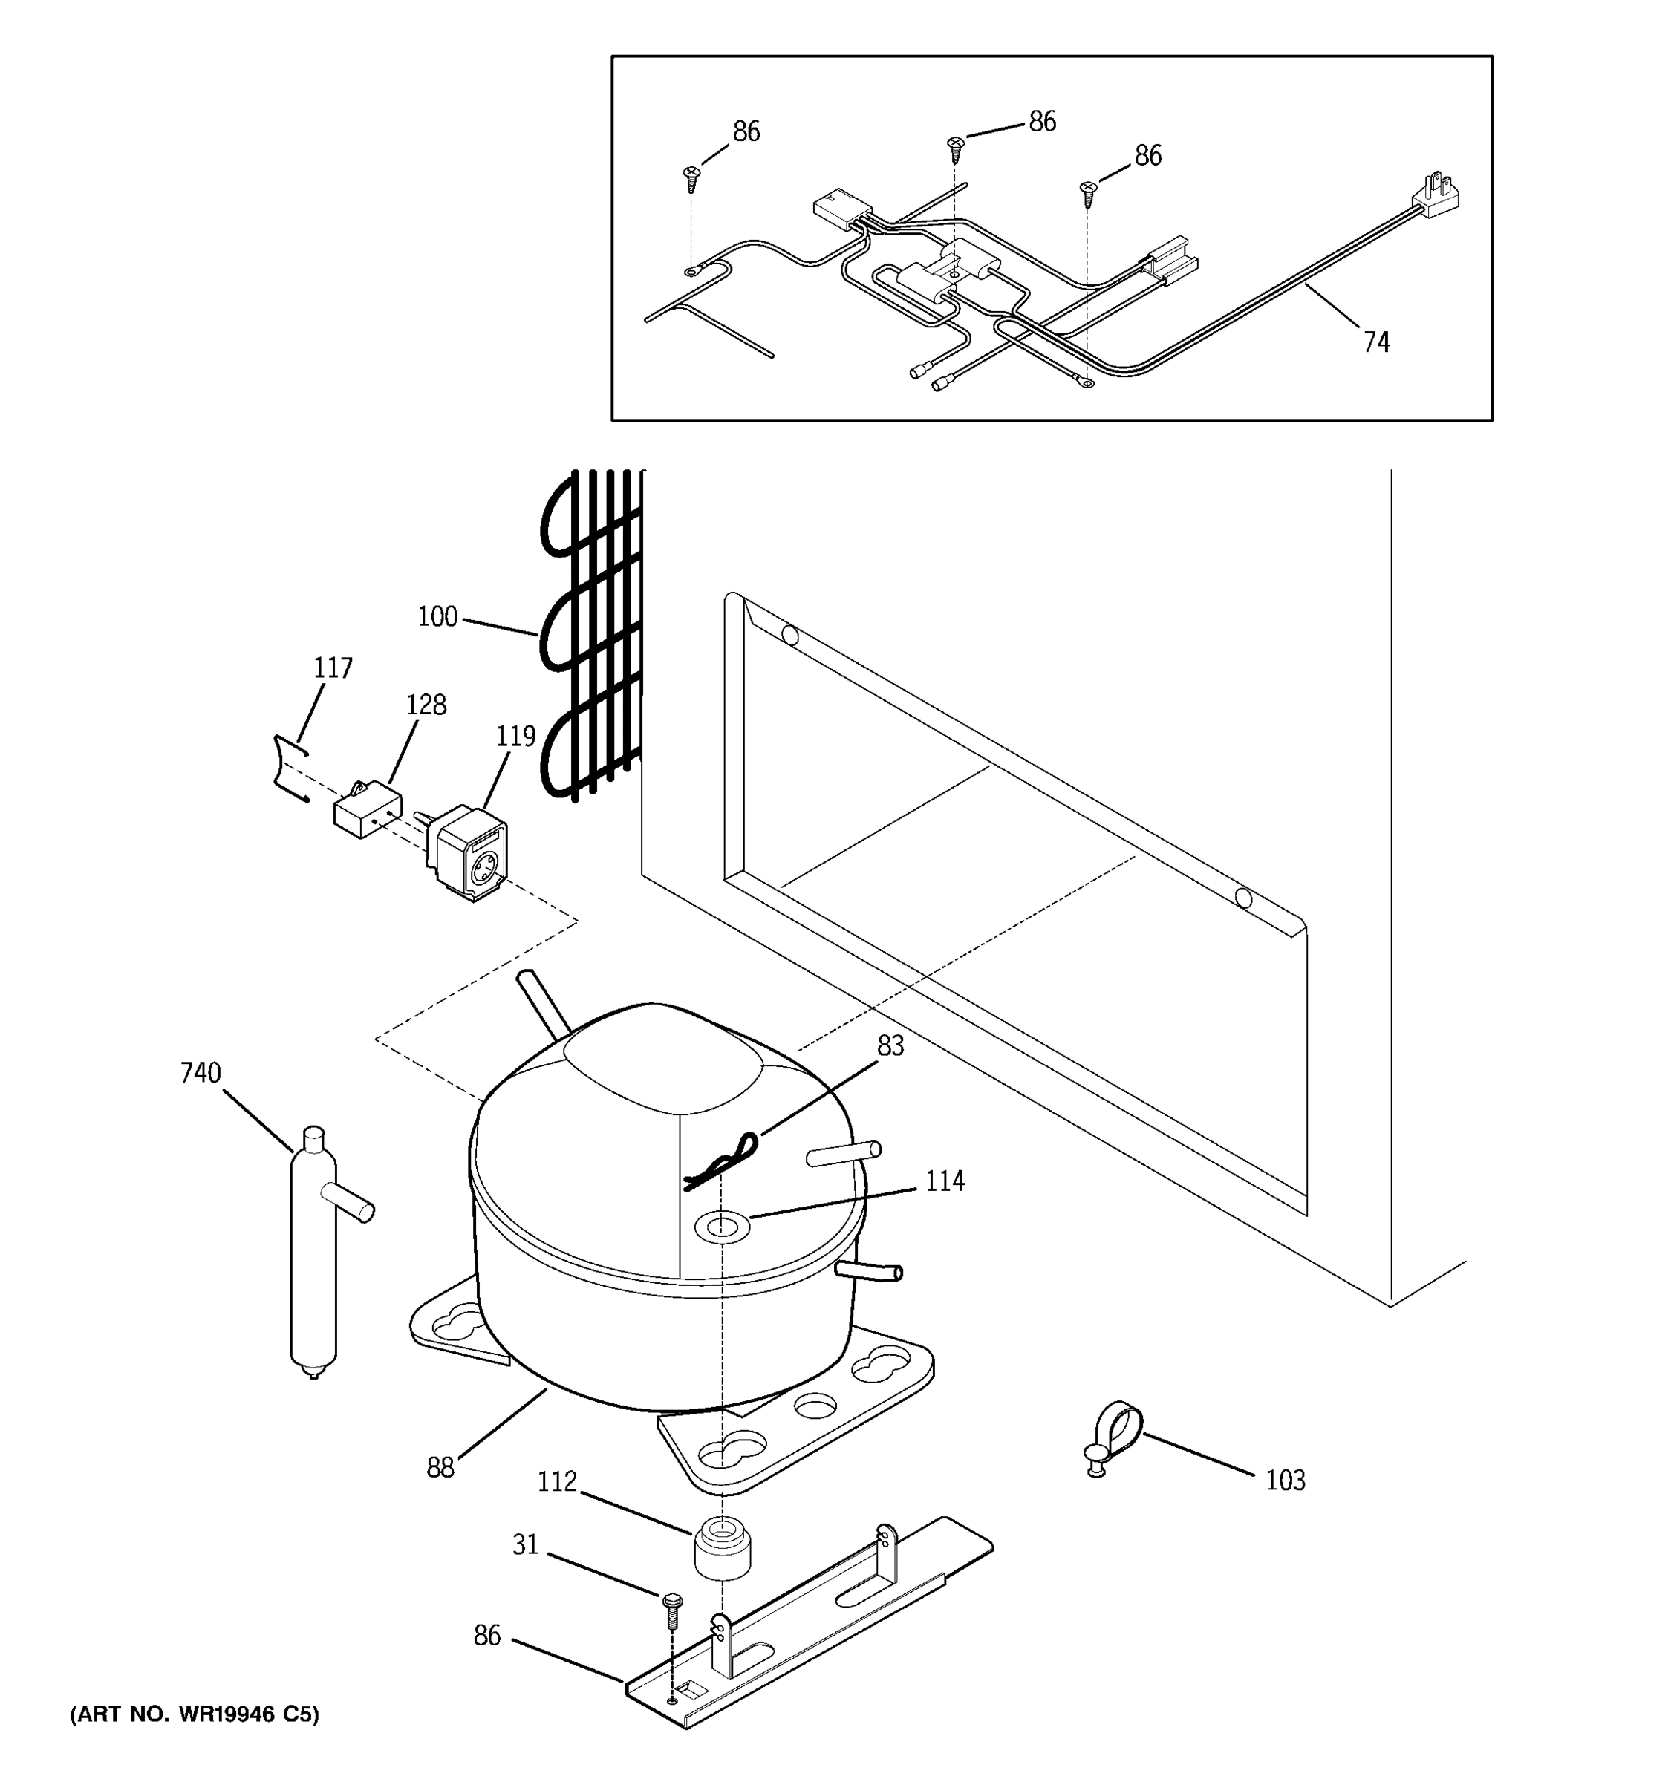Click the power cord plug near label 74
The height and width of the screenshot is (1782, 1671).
coord(1437,195)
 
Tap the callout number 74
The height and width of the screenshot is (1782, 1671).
coord(1376,342)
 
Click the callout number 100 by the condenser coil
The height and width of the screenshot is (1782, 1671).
coord(437,617)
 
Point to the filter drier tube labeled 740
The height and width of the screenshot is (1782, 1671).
coord(313,1255)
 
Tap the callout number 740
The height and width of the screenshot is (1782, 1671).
coord(200,1073)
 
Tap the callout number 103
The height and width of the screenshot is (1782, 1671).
coord(1285,1480)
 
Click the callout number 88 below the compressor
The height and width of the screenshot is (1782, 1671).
coord(440,1467)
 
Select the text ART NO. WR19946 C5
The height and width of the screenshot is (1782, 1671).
coord(195,1714)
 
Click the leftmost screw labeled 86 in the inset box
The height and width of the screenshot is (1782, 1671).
coord(691,178)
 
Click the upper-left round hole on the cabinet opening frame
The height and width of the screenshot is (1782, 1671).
coord(789,636)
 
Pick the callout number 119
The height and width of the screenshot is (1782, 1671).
coord(515,736)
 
